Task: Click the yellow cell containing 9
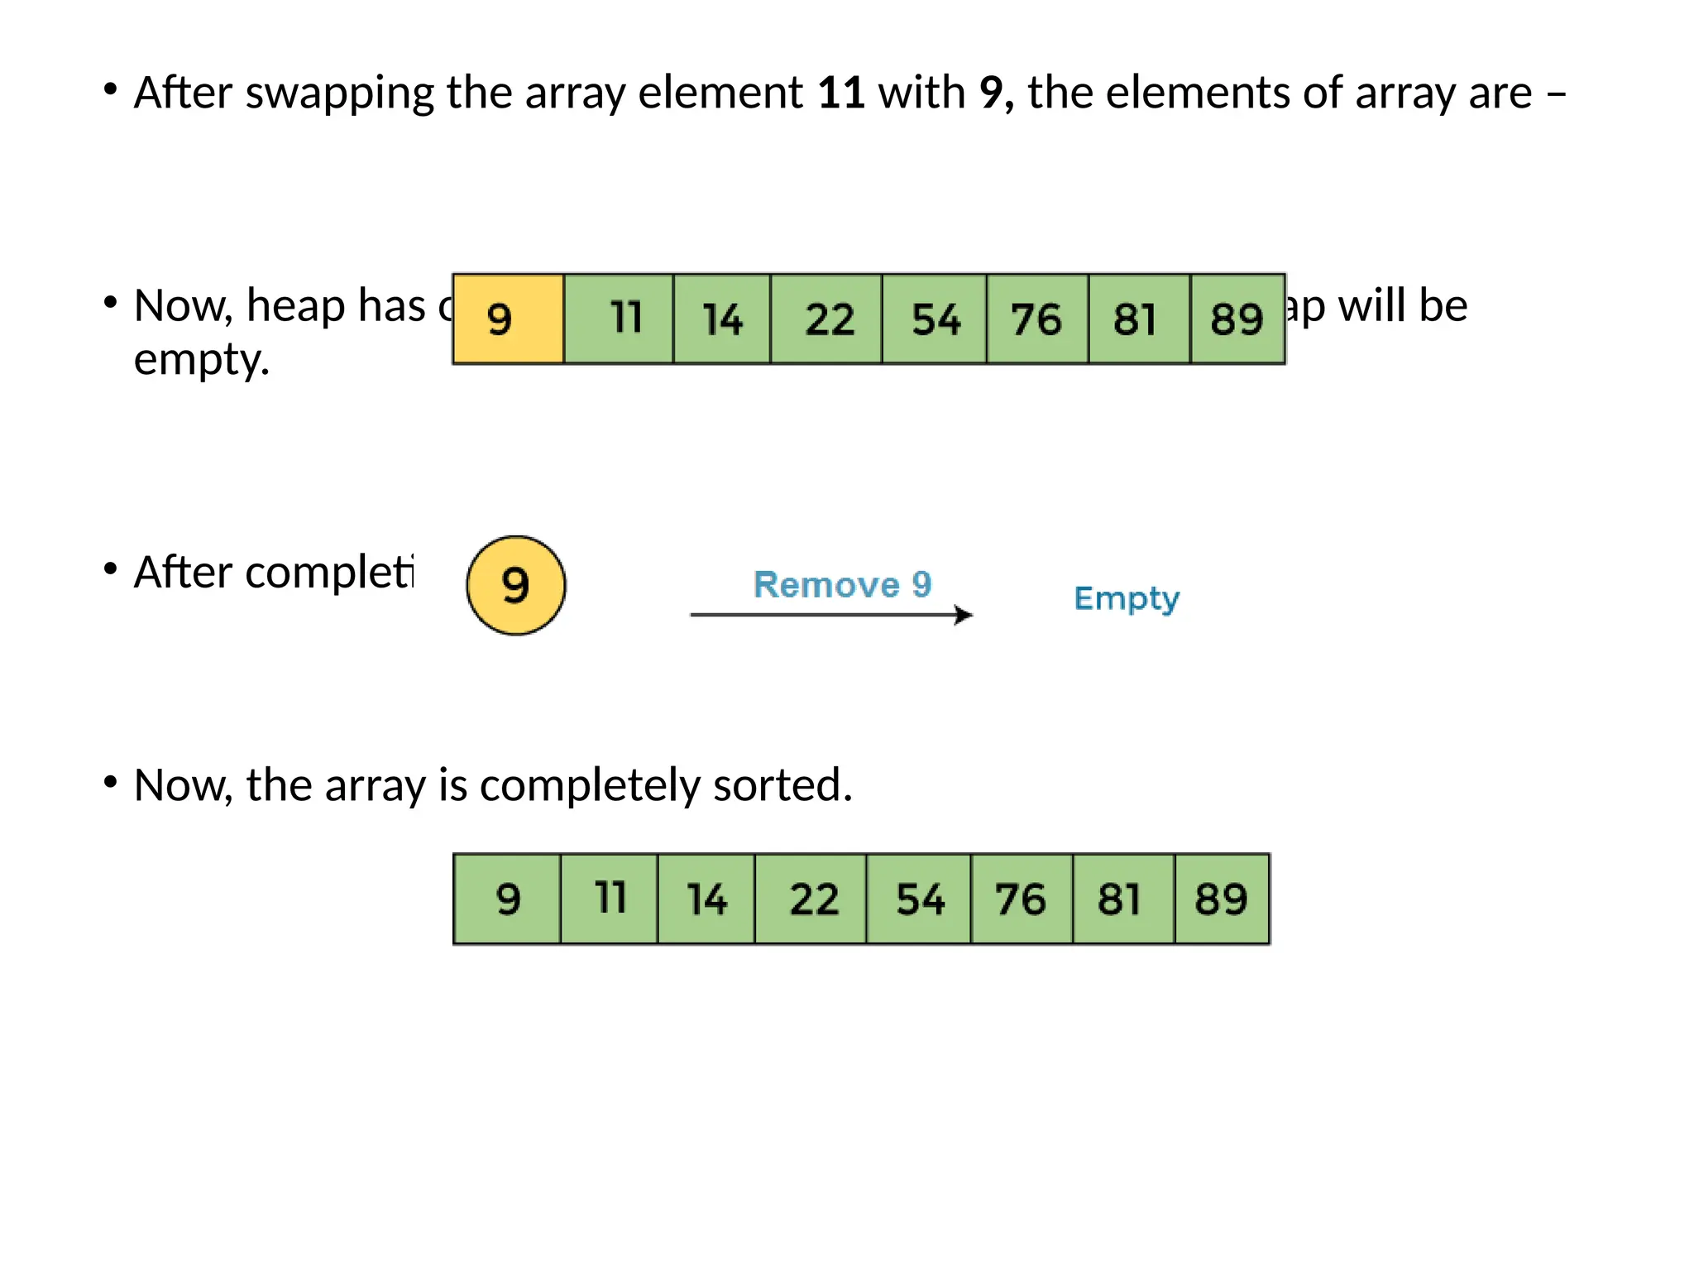point(508,319)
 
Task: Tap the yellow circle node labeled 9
point(516,586)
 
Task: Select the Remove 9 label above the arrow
point(842,585)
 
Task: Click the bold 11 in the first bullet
point(841,93)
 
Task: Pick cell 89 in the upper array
point(1237,319)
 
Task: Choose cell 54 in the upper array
point(935,319)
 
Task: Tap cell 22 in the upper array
point(827,319)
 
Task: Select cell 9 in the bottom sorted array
point(508,899)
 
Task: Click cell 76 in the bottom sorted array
point(1021,899)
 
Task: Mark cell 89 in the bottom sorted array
point(1221,899)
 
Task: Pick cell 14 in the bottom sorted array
point(706,899)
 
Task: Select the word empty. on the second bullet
point(202,360)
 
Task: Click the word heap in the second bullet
point(294,307)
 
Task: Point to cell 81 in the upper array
point(1137,319)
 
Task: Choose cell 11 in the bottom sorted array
point(610,899)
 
